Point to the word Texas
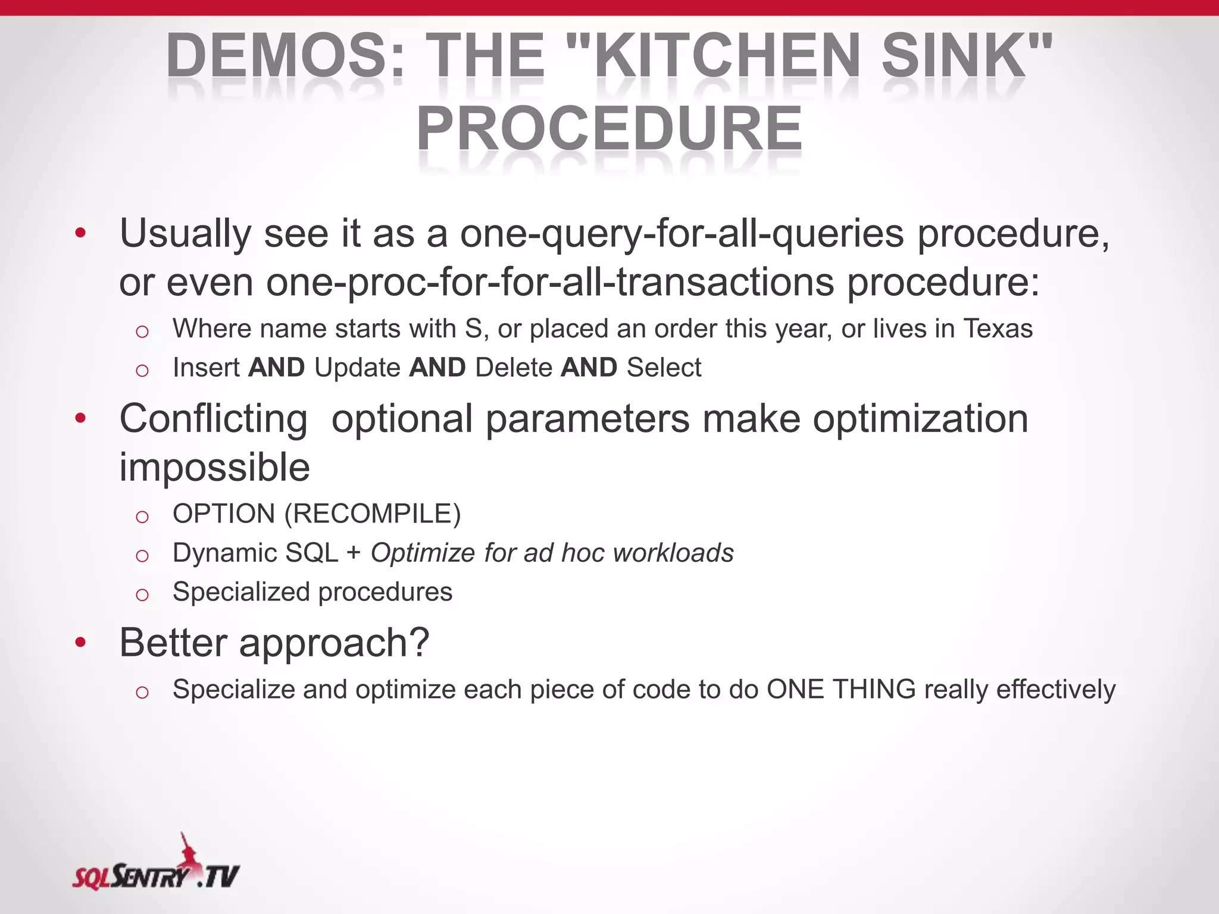998,328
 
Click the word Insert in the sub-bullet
206,368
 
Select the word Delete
514,368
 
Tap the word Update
357,368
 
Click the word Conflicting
214,419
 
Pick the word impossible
214,467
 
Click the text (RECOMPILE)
373,514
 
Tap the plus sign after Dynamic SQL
354,553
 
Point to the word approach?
334,643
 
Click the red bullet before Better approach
80,643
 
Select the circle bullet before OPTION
142,516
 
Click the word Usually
185,233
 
